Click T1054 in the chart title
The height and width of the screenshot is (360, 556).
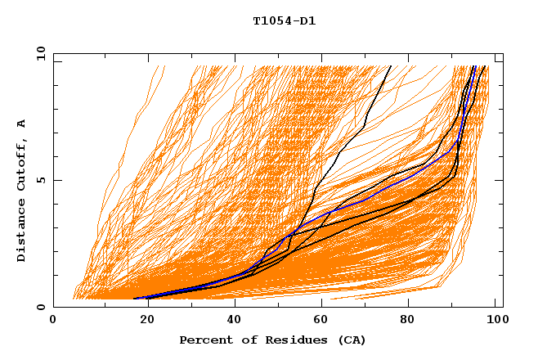tap(271, 21)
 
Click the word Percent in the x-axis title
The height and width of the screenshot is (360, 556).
tap(203, 340)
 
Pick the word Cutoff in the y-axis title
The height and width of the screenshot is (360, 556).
tap(21, 163)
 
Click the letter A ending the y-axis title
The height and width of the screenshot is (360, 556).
tap(21, 123)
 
